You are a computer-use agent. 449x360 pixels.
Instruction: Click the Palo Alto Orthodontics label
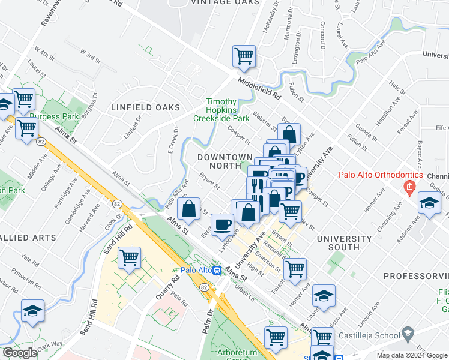376,175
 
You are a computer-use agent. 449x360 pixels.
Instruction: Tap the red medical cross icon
409,187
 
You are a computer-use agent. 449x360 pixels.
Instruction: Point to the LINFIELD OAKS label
145,107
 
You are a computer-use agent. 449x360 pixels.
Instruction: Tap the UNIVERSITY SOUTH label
345,242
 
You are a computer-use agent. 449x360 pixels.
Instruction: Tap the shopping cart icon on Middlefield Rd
244,56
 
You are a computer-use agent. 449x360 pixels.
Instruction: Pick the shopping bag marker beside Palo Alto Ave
188,209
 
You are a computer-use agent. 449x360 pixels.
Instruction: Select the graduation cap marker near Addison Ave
430,203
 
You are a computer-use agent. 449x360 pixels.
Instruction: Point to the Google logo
20,353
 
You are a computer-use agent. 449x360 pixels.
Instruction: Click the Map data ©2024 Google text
411,355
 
